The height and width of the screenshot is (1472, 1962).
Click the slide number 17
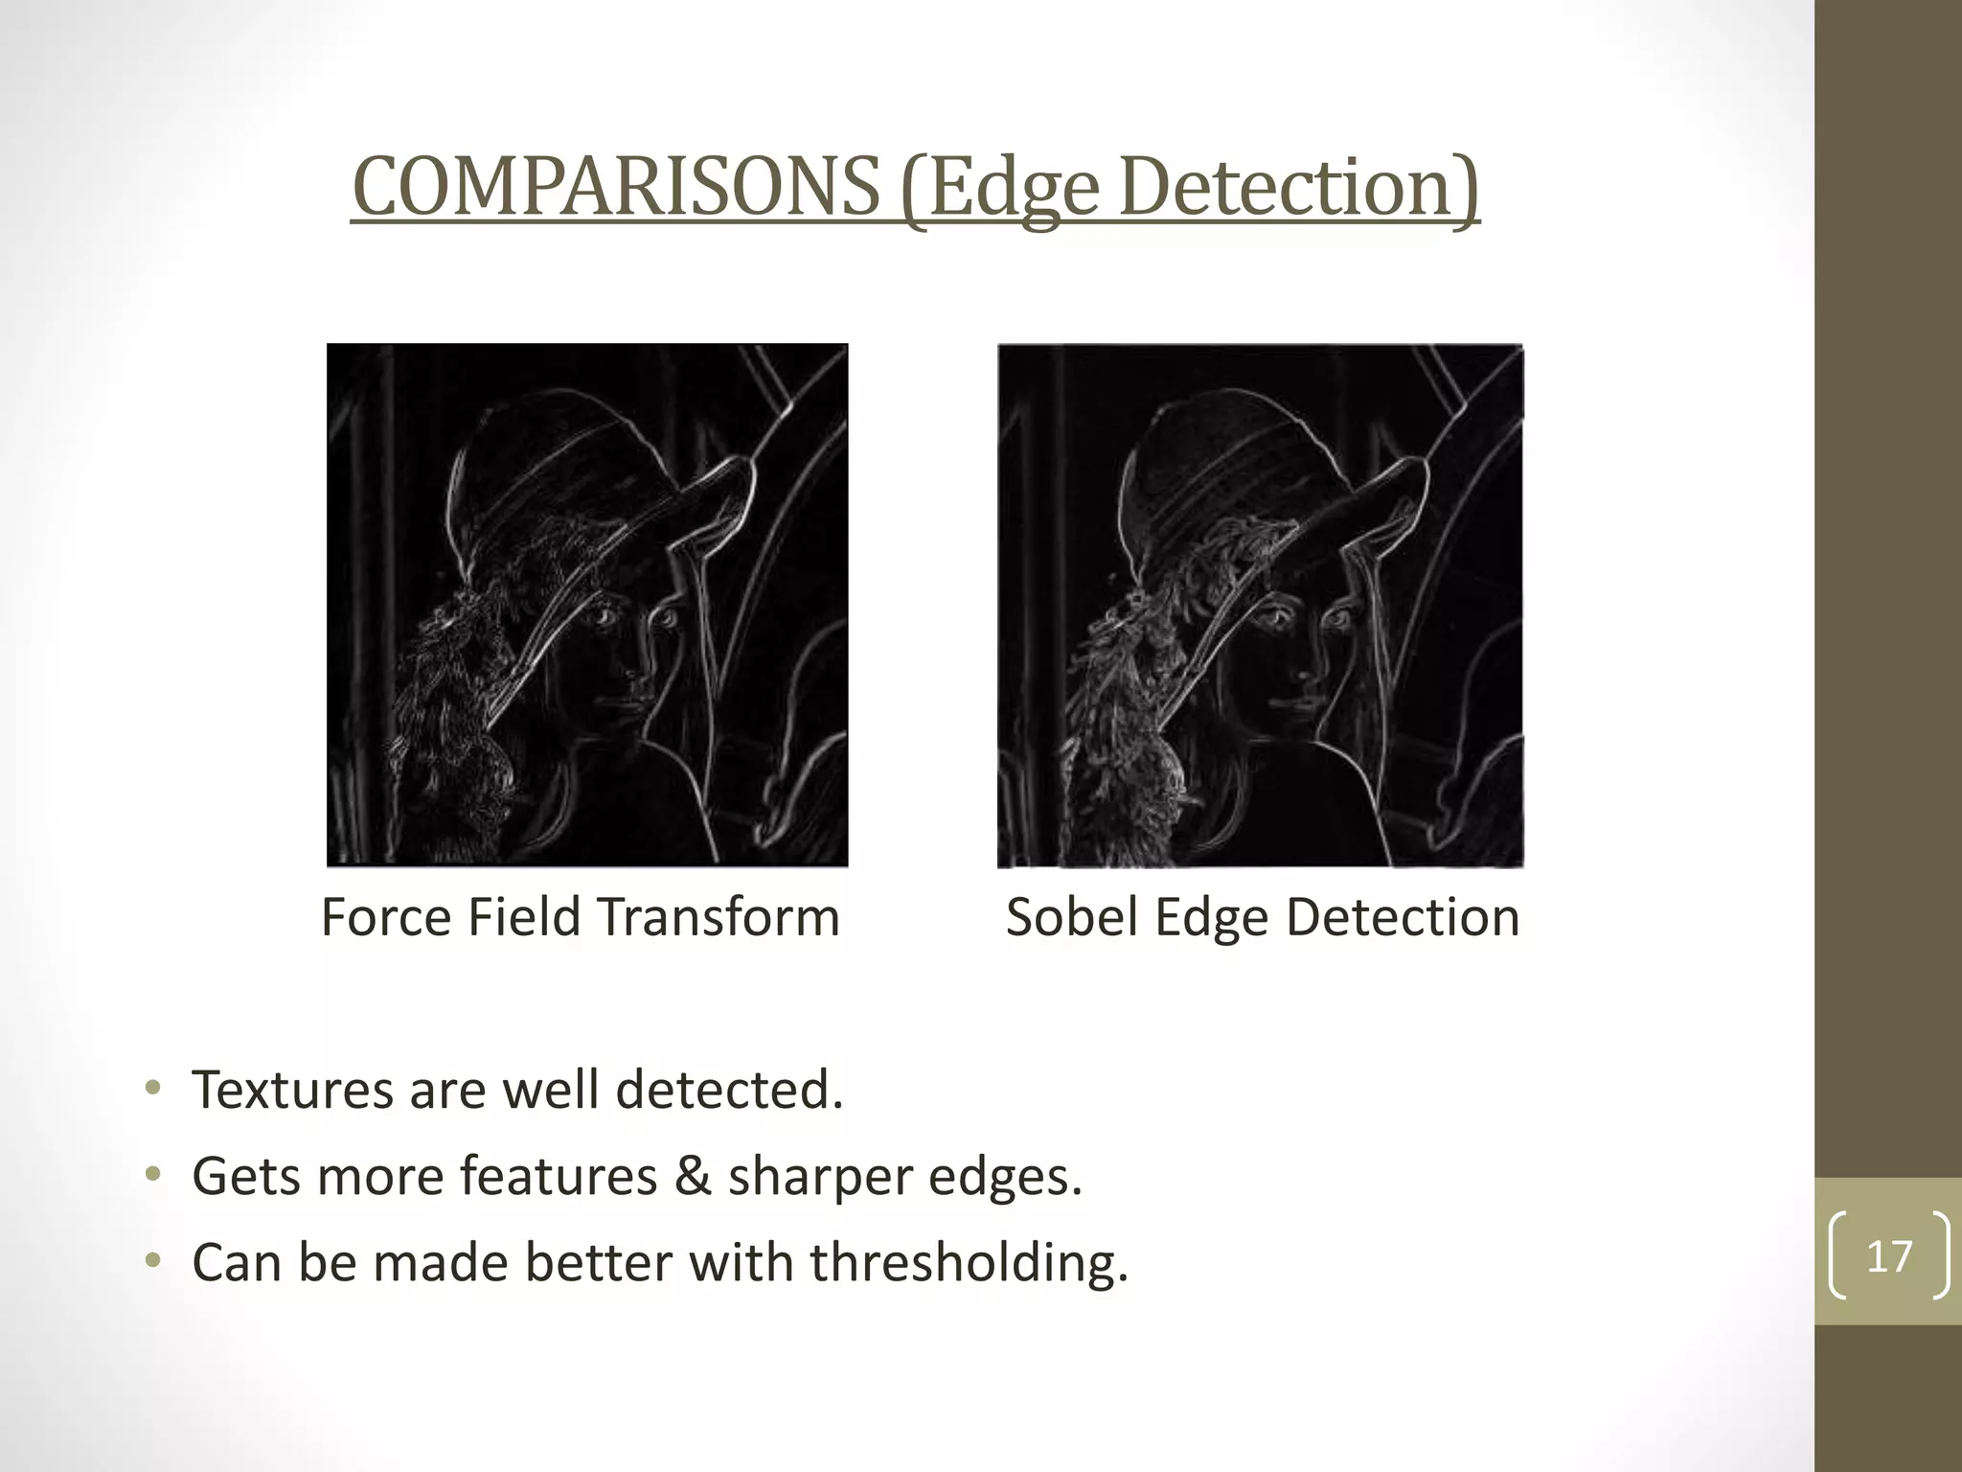coord(1889,1256)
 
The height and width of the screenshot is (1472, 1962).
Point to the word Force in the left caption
coord(388,917)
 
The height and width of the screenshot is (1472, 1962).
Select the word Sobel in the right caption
coord(1073,917)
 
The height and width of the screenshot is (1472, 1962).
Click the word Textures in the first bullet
coord(292,1091)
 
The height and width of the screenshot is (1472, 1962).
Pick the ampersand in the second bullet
coord(692,1177)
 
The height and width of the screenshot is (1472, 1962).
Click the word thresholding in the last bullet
coord(968,1263)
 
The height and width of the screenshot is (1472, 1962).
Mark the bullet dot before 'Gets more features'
coord(152,1175)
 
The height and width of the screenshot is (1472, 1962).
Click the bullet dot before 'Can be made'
coord(152,1261)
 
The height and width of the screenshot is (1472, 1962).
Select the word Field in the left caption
coord(524,917)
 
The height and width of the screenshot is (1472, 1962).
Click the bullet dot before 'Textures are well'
coord(152,1089)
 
